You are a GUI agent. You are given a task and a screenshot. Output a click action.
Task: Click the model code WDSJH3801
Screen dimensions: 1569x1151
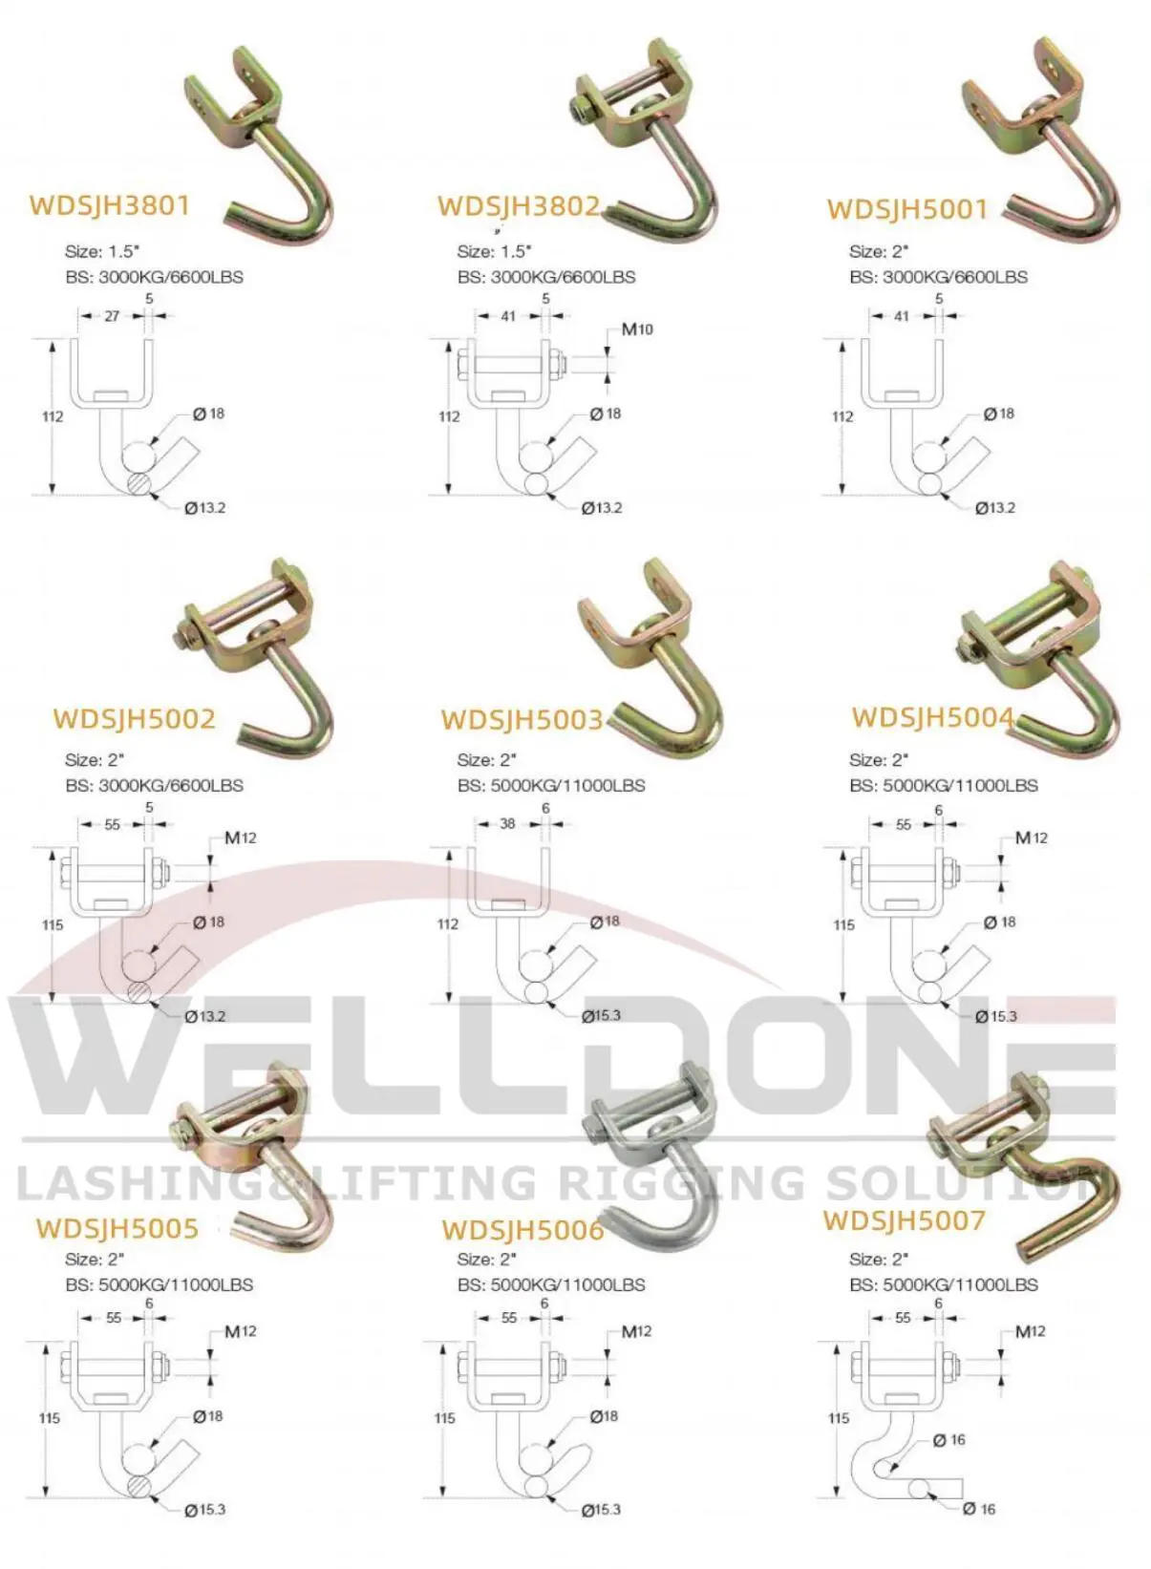point(110,205)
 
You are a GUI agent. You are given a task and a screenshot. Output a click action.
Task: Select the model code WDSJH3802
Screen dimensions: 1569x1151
point(519,205)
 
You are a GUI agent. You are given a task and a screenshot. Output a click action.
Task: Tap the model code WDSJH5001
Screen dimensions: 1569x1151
point(906,209)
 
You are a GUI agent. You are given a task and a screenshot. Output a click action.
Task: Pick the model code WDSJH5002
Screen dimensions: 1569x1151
point(134,718)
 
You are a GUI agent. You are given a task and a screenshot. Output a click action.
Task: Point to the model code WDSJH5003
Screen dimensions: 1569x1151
point(522,719)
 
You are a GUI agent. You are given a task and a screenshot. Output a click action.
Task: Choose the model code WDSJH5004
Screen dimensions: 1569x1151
point(932,717)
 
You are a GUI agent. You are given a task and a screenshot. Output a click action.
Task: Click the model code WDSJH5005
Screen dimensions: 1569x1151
point(117,1227)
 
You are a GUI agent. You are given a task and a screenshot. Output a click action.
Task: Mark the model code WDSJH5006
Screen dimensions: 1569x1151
point(522,1229)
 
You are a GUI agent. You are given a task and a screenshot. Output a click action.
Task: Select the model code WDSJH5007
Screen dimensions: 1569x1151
point(904,1219)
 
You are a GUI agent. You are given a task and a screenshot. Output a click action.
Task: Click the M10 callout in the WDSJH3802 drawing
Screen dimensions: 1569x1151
point(637,329)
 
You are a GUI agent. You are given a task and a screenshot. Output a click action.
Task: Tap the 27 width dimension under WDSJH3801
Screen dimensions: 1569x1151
point(112,316)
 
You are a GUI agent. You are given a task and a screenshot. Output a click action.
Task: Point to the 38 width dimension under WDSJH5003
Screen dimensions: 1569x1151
point(507,823)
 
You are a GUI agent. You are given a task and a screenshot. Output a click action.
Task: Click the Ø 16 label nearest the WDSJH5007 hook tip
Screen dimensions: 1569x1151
point(979,1509)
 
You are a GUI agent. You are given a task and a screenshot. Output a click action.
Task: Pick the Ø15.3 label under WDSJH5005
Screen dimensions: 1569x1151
point(205,1510)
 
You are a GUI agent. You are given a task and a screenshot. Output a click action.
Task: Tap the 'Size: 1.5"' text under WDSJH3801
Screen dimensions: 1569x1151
point(102,252)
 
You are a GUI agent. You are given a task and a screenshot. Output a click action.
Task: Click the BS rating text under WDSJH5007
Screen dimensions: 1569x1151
point(943,1284)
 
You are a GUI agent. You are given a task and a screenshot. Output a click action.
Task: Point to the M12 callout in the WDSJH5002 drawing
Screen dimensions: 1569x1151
point(241,838)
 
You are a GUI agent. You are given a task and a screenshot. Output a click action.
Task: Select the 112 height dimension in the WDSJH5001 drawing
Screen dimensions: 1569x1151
point(842,416)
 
